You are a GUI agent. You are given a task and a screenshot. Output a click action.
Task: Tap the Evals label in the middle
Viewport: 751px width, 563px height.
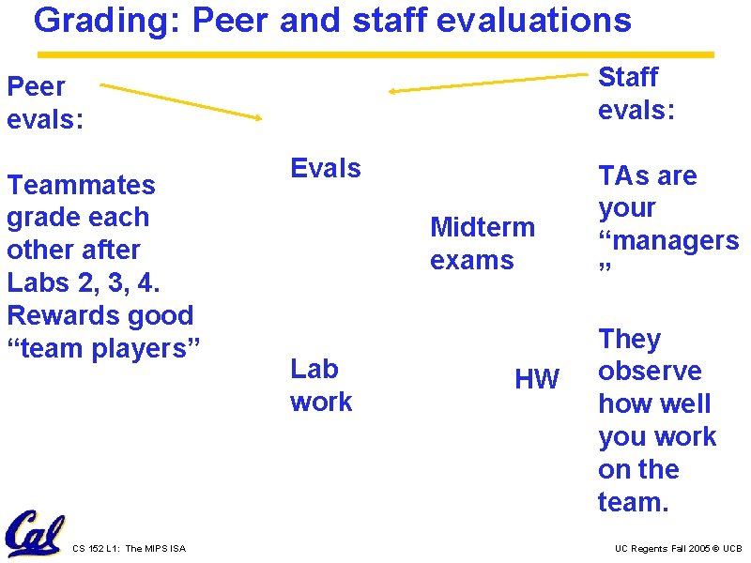pos(326,169)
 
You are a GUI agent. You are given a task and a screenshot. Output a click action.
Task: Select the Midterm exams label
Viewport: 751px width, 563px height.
pos(482,243)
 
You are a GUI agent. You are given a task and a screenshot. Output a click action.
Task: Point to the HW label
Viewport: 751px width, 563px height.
pos(536,379)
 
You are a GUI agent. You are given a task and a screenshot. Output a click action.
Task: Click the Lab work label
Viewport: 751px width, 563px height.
pos(320,385)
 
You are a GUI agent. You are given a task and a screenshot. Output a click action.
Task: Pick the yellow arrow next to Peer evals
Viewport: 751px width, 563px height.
pos(180,100)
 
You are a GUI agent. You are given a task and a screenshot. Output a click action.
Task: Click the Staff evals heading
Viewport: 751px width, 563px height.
pos(636,93)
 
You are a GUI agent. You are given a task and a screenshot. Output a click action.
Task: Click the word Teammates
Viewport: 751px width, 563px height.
pos(81,185)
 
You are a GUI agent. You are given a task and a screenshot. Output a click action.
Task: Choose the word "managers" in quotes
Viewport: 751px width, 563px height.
pos(668,241)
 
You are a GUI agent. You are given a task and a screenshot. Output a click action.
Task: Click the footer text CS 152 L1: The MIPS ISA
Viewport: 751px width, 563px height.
pos(129,548)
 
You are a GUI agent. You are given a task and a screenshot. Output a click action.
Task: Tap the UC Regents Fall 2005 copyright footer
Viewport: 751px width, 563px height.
pos(678,548)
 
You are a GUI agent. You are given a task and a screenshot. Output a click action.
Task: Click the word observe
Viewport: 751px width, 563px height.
pos(650,372)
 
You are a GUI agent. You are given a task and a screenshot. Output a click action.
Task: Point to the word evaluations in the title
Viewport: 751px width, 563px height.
pos(538,20)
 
